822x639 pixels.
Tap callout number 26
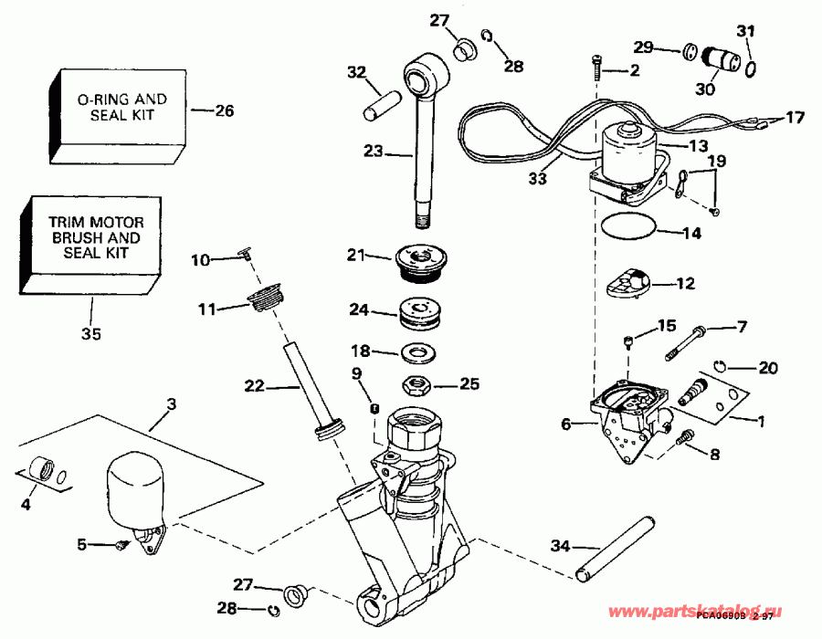(x=224, y=111)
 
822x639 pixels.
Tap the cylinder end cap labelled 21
(x=420, y=257)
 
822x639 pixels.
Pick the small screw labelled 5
(x=121, y=546)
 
